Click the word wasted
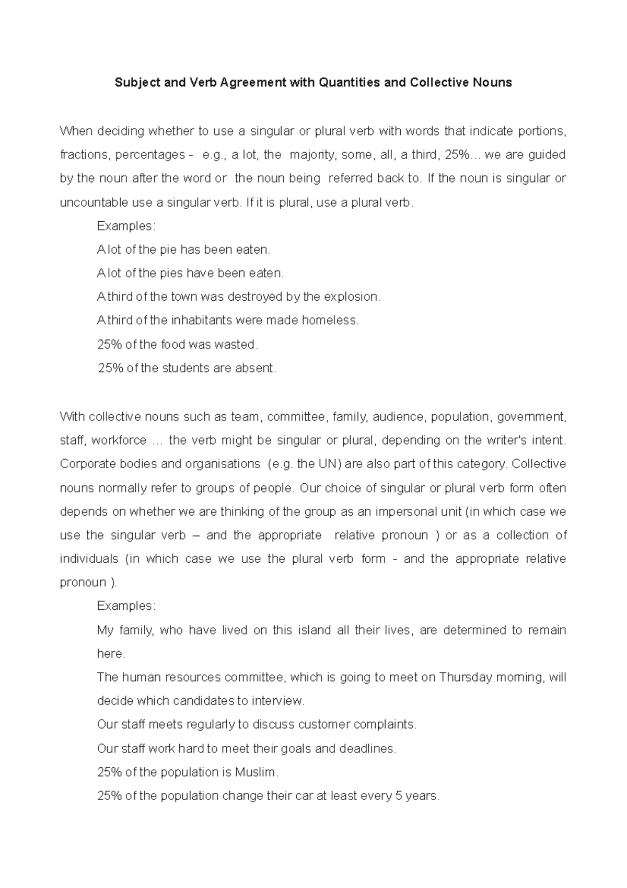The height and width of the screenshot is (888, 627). click(x=237, y=345)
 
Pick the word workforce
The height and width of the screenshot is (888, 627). click(x=119, y=440)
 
